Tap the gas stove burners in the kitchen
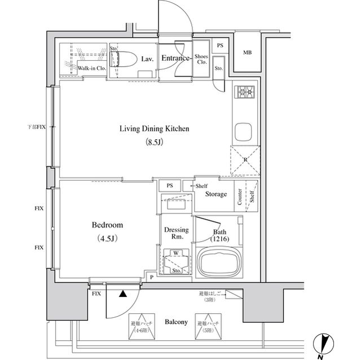pos(246,92)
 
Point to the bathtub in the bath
pos(217,262)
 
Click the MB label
pos(247,54)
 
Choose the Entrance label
pos(175,58)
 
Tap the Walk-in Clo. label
pos(91,69)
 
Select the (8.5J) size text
pos(154,142)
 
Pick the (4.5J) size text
pos(107,238)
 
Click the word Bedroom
pos(107,225)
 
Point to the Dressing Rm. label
pos(176,233)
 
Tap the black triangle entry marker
pos(122,292)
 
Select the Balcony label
pos(176,322)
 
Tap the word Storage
pos(216,194)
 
